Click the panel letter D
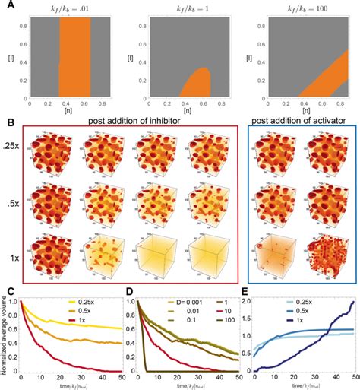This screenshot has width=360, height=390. (x=126, y=290)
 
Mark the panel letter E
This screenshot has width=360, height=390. (x=244, y=290)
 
